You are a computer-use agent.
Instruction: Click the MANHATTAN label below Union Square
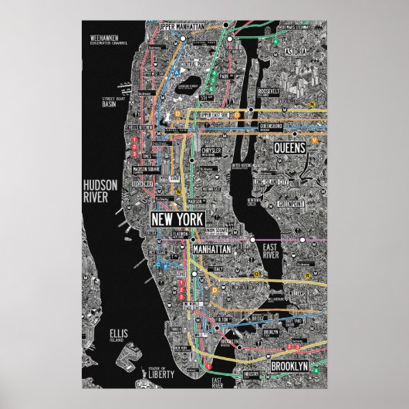pyautogui.click(x=211, y=251)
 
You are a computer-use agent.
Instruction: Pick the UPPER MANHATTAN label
pyautogui.click(x=182, y=27)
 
